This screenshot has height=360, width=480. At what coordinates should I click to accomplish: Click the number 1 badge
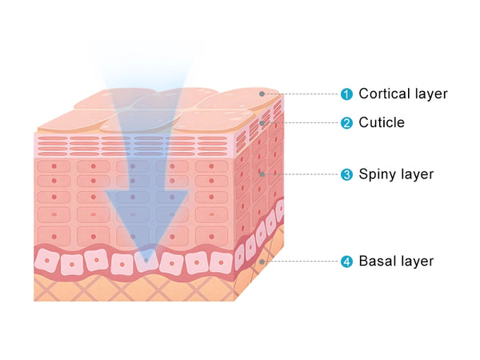coord(346,94)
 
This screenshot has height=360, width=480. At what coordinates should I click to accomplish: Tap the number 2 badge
coord(346,123)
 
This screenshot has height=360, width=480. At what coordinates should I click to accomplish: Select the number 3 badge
coord(346,174)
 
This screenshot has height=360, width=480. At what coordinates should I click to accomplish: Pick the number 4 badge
coord(346,262)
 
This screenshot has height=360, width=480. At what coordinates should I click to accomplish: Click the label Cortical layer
coord(402,94)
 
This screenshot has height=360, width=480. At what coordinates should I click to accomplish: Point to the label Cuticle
coord(382,123)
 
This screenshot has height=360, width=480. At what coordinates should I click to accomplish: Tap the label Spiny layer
coord(396,174)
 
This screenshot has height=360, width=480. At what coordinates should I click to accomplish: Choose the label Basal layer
coord(396,262)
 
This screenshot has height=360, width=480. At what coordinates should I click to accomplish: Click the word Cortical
coord(383,94)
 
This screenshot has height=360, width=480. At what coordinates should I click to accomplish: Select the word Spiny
coord(377,174)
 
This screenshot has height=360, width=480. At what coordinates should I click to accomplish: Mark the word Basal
coord(376,262)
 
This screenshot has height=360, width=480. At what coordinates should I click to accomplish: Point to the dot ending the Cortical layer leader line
coord(262,94)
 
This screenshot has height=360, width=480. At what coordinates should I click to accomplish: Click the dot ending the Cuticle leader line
coord(262,123)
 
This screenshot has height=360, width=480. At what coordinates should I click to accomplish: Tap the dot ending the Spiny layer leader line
coord(262,174)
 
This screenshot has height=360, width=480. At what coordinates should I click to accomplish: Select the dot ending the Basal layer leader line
coord(262,262)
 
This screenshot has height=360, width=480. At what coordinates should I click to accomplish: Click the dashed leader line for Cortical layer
coord(302,94)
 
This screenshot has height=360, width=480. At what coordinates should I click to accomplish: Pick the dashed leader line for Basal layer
coord(302,262)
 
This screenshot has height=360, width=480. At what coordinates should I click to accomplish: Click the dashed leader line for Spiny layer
coord(302,174)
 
